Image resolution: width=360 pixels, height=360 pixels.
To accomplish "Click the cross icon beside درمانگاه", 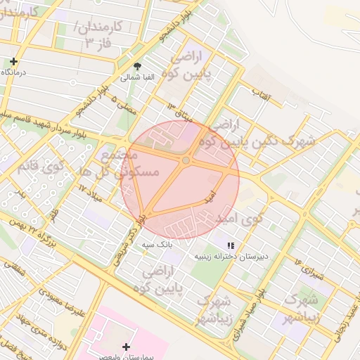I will coord(14,61).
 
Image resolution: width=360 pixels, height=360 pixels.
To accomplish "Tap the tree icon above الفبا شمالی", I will coord(137,67).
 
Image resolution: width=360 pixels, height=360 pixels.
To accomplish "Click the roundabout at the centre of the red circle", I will coord(186,161).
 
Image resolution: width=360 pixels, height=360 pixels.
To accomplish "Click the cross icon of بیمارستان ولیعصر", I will coord(126,346).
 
